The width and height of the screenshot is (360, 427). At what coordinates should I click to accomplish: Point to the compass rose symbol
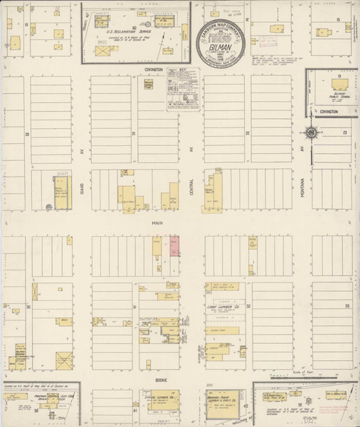pyautogui.click(x=312, y=132)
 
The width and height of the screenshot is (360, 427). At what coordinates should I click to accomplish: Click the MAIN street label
pyautogui.click(x=158, y=223)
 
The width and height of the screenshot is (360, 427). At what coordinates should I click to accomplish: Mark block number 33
pyautogui.click(x=346, y=306)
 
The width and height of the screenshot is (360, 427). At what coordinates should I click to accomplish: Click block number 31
pyautogui.click(x=134, y=307)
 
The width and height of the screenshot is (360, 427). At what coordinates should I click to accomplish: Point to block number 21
pyautogui.click(x=133, y=133)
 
